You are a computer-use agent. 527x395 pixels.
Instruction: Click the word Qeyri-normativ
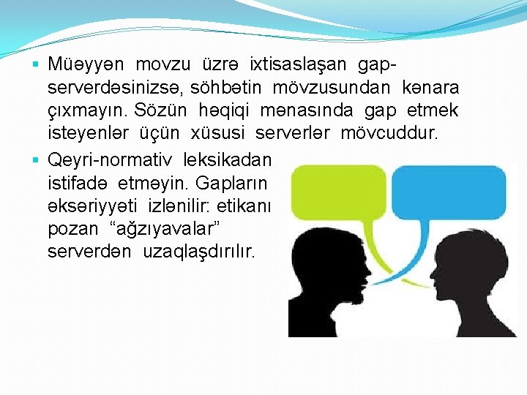point(108,159)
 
